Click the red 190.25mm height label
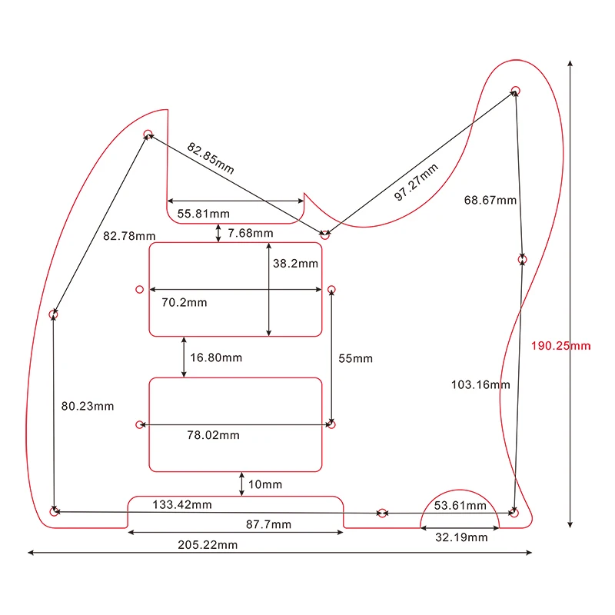pos(560,346)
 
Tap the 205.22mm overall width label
pos(208,544)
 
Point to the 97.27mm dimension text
pos(416,182)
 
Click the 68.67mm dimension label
pos(490,200)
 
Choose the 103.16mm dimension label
pos(480,384)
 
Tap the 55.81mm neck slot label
pos(203,213)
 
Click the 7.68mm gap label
pos(250,233)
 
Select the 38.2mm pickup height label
pos(295,263)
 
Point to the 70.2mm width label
pos(184,302)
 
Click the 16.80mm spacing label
pos(216,357)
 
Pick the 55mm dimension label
pos(355,358)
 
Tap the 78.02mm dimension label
pos(213,435)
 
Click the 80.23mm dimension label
pos(88,406)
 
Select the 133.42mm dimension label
pos(182,504)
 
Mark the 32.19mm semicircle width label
pos(461,537)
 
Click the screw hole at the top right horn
pos(516,91)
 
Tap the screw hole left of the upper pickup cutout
pos(139,290)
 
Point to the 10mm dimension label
pos(265,484)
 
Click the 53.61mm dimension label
pos(460,505)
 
